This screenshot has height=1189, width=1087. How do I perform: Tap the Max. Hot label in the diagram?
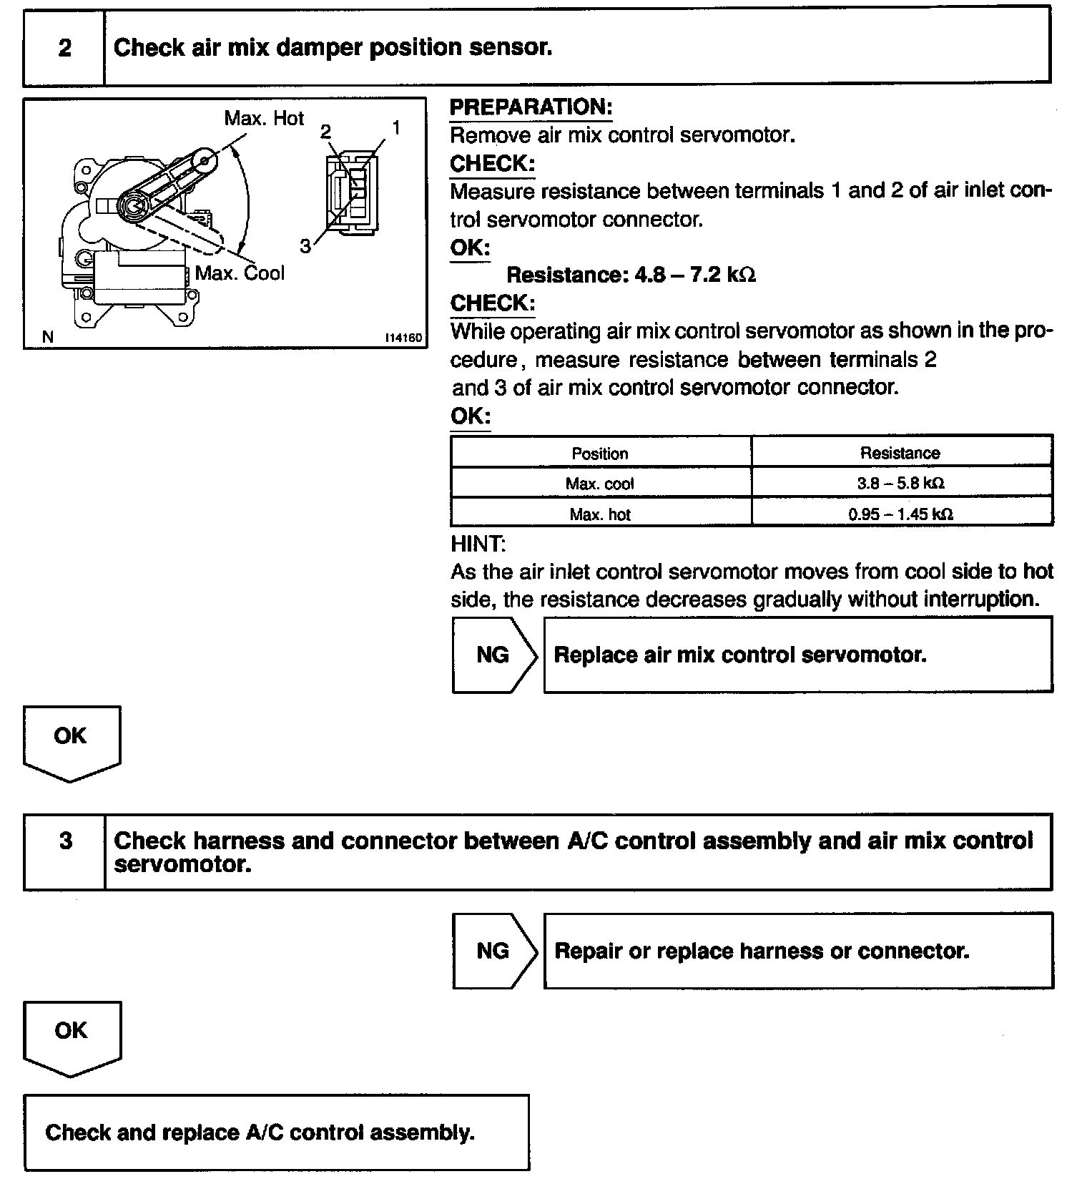coord(264,118)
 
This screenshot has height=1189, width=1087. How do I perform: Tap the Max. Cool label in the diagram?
coord(240,273)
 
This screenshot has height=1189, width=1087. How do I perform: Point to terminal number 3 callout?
coord(305,247)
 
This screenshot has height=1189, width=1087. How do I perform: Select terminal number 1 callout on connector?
coord(395,128)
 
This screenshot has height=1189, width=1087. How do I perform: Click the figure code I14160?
coord(403,338)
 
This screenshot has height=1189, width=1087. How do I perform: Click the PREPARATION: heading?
coord(531,107)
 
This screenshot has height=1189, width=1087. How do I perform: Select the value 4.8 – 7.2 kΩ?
coord(695,275)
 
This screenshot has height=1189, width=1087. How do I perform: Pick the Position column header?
coord(600,454)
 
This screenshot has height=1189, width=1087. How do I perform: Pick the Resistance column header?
coord(900,453)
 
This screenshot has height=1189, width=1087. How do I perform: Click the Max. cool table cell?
coord(600,484)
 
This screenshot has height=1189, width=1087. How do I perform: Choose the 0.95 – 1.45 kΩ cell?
coord(900,514)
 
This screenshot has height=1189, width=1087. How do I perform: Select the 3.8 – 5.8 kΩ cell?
coord(900,484)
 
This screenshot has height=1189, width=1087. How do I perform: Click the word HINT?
coord(478,544)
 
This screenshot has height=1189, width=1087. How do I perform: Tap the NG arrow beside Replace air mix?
coord(493,655)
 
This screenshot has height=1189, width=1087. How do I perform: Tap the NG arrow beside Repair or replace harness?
coord(493,951)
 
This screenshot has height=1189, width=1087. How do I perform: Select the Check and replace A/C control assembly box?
coord(276,1132)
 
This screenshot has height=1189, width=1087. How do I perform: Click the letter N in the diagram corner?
coord(48,337)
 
